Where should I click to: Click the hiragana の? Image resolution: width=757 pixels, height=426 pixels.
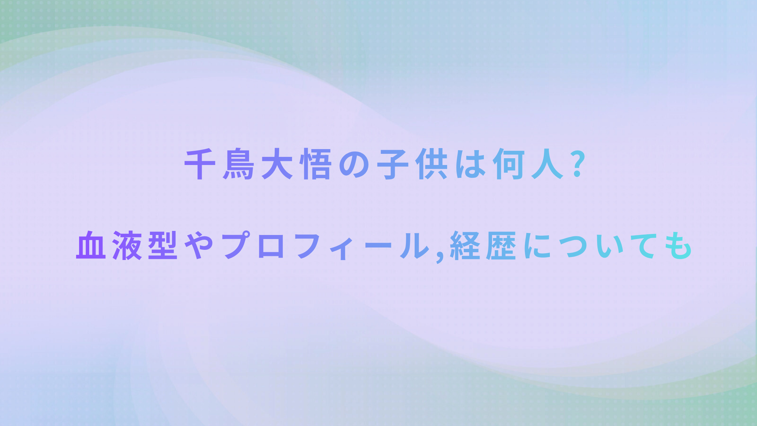click(354, 164)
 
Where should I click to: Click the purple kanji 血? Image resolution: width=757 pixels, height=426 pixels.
click(91, 245)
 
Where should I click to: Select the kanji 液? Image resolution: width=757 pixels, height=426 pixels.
click(127, 245)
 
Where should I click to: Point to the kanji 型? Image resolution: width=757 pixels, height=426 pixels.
click(163, 245)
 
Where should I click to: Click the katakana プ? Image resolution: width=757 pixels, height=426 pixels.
click(236, 245)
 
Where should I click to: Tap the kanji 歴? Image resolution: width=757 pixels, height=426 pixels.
click(501, 245)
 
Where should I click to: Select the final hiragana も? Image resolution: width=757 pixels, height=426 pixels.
click(678, 245)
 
